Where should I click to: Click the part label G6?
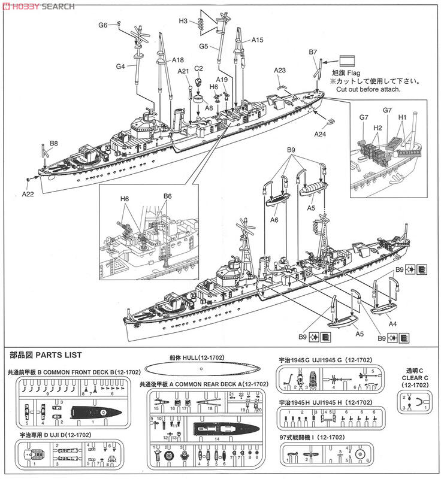tap(103, 25)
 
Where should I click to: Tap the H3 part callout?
tap(183, 21)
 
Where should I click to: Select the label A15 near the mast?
tap(257, 40)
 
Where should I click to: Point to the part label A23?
tap(280, 70)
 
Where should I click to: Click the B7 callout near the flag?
tap(313, 53)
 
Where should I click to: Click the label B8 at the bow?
tap(54, 144)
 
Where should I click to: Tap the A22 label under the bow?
tap(28, 194)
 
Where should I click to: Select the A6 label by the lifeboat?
tap(274, 220)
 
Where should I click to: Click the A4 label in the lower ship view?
tap(393, 324)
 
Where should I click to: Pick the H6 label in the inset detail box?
tap(125, 198)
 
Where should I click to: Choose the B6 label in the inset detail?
tap(168, 196)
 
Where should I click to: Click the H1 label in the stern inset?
tap(402, 118)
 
